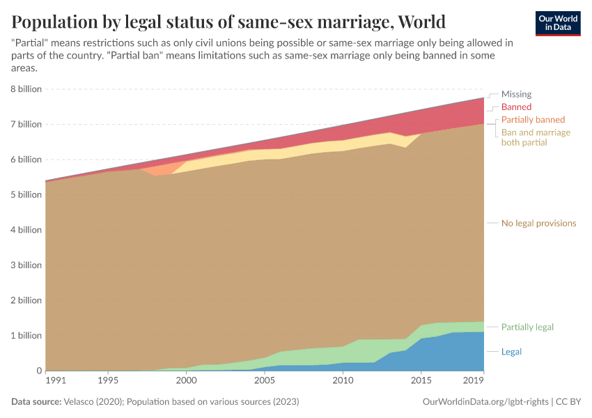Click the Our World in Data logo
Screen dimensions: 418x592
click(x=558, y=23)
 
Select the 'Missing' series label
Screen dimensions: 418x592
click(x=516, y=94)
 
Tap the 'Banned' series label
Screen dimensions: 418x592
click(x=516, y=107)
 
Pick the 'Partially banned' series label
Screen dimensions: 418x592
click(x=533, y=120)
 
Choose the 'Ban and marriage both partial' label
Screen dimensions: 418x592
click(x=536, y=137)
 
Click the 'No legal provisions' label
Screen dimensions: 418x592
click(x=538, y=224)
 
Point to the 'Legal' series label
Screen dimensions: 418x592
click(x=511, y=352)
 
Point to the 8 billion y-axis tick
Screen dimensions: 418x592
click(x=25, y=89)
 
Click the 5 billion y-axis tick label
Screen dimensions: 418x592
click(x=25, y=195)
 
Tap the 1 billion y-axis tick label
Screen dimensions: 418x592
click(x=25, y=336)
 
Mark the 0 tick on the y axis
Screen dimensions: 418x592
click(x=38, y=371)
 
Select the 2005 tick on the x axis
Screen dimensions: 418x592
click(x=264, y=381)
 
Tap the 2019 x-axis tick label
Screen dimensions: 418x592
click(x=474, y=381)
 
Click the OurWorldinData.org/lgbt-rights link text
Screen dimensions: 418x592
click(x=485, y=403)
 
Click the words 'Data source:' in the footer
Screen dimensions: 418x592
click(x=37, y=403)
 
